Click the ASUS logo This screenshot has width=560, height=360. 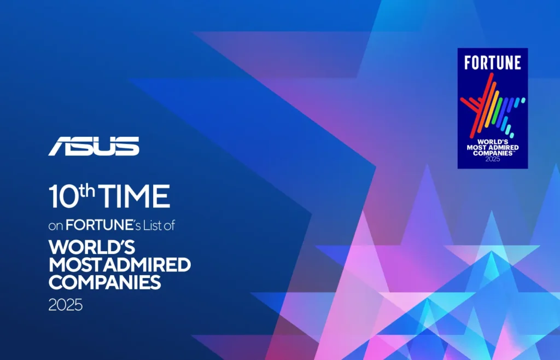94,146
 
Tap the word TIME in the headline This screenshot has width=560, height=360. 136,197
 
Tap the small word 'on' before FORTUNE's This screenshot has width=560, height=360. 56,225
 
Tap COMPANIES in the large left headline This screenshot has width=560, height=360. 104,283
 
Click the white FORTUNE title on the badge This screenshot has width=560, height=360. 492,63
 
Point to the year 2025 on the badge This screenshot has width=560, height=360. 492,159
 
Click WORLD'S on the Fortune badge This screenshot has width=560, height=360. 492,141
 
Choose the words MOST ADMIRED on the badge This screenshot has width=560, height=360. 492,147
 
